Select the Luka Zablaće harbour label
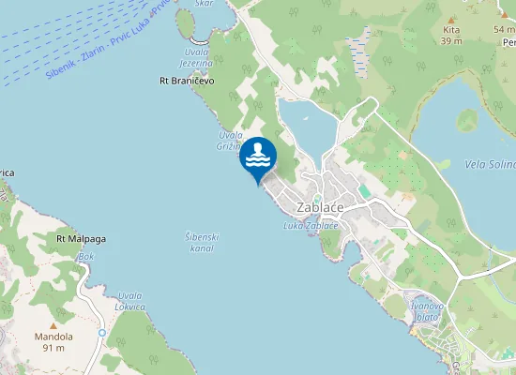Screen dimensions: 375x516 point(310,226)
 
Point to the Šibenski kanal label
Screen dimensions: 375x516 point(202,243)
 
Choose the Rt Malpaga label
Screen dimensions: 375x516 point(81,239)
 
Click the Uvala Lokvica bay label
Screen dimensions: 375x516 point(129,302)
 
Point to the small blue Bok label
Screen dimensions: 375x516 point(86,256)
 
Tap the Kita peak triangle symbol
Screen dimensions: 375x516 point(451,19)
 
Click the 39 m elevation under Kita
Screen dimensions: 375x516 point(451,41)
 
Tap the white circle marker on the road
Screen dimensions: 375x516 point(101,333)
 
